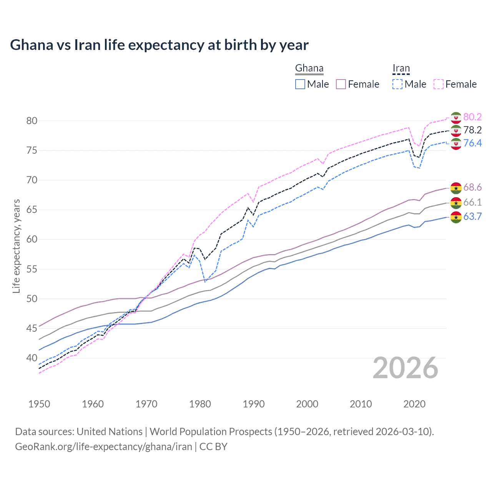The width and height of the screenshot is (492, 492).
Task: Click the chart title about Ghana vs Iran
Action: point(159,45)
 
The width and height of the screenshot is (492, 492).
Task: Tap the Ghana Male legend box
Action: point(300,84)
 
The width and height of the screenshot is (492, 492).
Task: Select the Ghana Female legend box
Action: point(341,84)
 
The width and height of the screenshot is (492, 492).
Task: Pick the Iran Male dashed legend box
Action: point(397,84)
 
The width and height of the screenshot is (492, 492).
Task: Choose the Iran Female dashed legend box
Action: point(439,84)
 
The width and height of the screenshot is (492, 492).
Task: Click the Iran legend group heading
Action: point(401,68)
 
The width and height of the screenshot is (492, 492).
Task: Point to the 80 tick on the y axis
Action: point(32,121)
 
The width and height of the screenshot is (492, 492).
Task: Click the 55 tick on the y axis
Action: point(32,269)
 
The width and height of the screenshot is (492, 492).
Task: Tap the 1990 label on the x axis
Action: point(254,404)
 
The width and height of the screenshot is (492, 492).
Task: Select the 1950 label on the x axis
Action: point(39,404)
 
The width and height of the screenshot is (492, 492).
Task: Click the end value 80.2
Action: point(472,117)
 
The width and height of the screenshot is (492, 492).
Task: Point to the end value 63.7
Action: point(472,216)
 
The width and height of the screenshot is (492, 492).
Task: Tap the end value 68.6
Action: point(472,187)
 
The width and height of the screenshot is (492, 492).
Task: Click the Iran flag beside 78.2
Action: point(456,131)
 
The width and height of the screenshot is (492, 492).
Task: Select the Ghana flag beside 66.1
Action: point(456,203)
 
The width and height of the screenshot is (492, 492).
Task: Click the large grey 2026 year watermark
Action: point(406,368)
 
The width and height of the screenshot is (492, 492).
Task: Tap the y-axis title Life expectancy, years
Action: point(16,246)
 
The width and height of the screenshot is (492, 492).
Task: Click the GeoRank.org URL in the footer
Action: point(103,447)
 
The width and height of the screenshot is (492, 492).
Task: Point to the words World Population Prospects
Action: point(211,431)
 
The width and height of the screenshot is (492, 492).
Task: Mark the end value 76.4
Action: point(472,143)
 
